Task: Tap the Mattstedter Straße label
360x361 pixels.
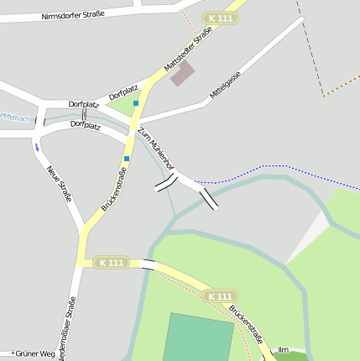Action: [x=188, y=50]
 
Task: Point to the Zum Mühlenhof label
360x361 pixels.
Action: [x=155, y=149]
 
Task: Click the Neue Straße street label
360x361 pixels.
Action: [x=60, y=185]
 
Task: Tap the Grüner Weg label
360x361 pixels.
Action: [x=34, y=353]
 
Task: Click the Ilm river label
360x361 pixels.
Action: [x=283, y=349]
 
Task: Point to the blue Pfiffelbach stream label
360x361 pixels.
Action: [x=14, y=117]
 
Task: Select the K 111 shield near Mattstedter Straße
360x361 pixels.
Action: [x=221, y=18]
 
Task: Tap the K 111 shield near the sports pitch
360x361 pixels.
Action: [x=220, y=296]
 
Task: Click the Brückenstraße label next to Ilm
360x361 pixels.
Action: [x=246, y=325]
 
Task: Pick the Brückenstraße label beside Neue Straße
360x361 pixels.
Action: [x=113, y=189]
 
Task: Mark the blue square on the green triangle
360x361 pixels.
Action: [x=136, y=103]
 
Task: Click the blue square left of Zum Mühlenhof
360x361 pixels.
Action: [x=127, y=158]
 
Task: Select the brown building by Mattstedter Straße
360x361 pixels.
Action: [x=182, y=74]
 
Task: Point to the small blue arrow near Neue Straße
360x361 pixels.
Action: [x=37, y=147]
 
